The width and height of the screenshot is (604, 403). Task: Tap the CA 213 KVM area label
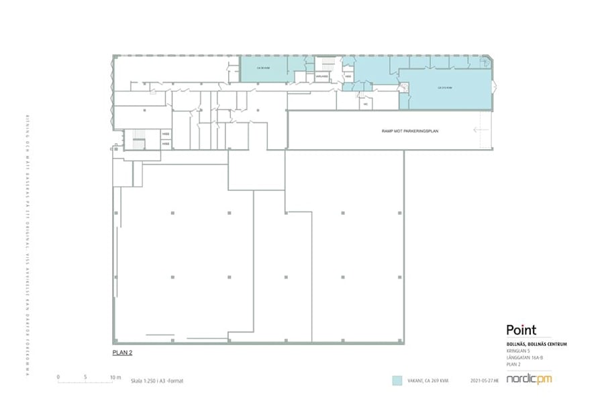[x=444, y=87]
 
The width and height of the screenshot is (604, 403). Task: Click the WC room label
[x=366, y=104]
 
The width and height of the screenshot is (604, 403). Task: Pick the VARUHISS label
[x=322, y=76]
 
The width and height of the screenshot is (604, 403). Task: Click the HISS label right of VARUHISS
[x=348, y=76]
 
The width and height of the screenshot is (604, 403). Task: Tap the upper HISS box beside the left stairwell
[x=165, y=134]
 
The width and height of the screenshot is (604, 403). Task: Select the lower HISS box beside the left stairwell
[x=165, y=144]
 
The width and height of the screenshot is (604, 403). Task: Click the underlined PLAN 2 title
[x=121, y=351]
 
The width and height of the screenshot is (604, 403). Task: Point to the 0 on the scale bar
[x=58, y=377]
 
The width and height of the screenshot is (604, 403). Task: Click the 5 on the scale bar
[x=86, y=377]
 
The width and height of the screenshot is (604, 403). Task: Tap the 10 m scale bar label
[x=115, y=377]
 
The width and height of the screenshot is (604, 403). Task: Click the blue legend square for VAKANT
[x=397, y=380]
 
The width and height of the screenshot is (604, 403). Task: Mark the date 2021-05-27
[x=487, y=381]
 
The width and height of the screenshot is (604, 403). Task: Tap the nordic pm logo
[x=530, y=379]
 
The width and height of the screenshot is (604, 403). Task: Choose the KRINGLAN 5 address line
[x=518, y=351]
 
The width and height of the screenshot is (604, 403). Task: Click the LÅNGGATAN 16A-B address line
[x=524, y=357]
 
